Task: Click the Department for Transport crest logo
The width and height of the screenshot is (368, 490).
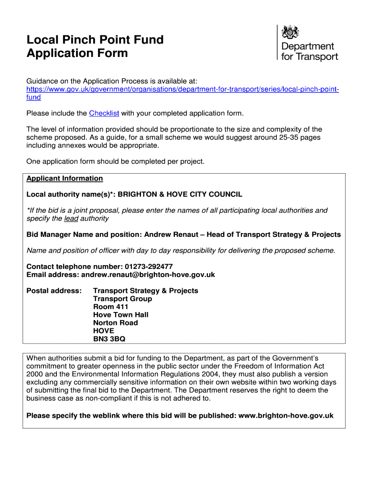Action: pyautogui.click(x=291, y=33)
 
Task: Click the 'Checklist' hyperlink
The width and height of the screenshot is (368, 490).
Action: pyautogui.click(x=104, y=113)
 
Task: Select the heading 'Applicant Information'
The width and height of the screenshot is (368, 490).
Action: pyautogui.click(x=65, y=178)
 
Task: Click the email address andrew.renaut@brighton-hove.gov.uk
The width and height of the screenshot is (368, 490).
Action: pyautogui.click(x=148, y=275)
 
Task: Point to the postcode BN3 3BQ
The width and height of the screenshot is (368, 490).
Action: pyautogui.click(x=109, y=339)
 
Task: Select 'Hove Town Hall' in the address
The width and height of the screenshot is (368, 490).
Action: pyautogui.click(x=121, y=315)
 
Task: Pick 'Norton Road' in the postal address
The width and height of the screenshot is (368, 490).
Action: pyautogui.click(x=116, y=323)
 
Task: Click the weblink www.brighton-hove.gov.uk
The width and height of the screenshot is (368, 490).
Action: pyautogui.click(x=286, y=416)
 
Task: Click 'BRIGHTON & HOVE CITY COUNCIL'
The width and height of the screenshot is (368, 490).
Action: pyautogui.click(x=180, y=194)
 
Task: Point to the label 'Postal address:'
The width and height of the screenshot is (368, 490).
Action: pyautogui.click(x=54, y=291)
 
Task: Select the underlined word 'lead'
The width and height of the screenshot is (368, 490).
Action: pyautogui.click(x=71, y=219)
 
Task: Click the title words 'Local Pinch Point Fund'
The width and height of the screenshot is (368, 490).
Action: pyautogui.click(x=95, y=40)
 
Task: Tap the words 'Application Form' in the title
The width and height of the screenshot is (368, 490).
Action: pyautogui.click(x=77, y=53)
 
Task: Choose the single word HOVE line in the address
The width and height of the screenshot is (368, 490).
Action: pyautogui.click(x=104, y=331)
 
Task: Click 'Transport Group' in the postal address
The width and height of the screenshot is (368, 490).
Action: pyautogui.click(x=123, y=299)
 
